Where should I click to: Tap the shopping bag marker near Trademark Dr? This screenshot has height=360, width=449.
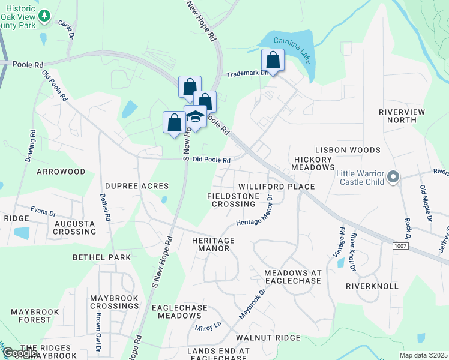click(273, 61)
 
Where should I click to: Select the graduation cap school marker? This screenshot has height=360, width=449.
click(196, 116)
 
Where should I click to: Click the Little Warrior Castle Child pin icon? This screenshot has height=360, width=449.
click(393, 176)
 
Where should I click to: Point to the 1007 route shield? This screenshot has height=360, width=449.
click(400, 246)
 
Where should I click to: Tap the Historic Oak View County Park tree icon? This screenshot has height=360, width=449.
click(44, 17)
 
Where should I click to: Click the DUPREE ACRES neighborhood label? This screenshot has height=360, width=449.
click(137, 187)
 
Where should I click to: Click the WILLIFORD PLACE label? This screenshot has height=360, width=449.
click(276, 187)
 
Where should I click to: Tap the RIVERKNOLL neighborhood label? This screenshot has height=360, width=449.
click(372, 286)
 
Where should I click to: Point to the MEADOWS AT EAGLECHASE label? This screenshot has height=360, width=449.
click(293, 278)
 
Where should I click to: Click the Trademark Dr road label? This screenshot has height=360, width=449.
click(246, 74)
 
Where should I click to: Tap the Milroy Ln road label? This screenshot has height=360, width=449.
click(208, 328)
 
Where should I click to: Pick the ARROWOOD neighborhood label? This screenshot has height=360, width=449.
click(61, 172)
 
